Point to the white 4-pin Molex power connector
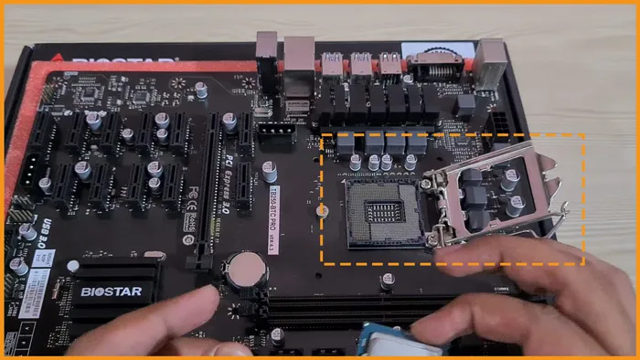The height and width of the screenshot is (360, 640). coord(274,135)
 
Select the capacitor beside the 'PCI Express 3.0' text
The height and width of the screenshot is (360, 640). coord(270,171)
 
